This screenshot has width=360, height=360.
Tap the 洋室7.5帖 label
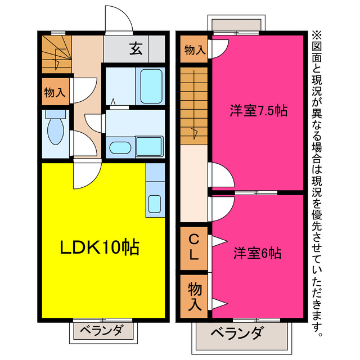(258, 111)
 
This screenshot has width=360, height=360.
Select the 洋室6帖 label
(257, 253)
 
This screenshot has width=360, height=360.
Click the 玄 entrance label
(136, 49)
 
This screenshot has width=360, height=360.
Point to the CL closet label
(193, 248)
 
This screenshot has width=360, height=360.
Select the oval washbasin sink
(119, 148)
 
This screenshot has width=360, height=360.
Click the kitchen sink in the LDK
(154, 203)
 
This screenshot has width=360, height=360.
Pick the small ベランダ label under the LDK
(100, 330)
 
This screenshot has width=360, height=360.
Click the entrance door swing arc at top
(119, 21)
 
